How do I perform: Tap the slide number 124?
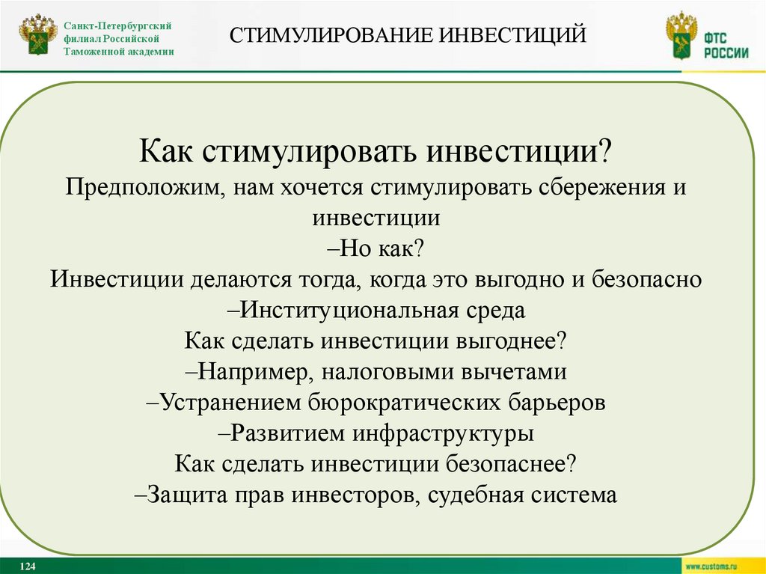click(x=29, y=567)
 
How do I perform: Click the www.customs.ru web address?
click(x=717, y=567)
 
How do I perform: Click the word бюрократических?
click(x=404, y=403)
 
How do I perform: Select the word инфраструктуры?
click(x=427, y=433)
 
